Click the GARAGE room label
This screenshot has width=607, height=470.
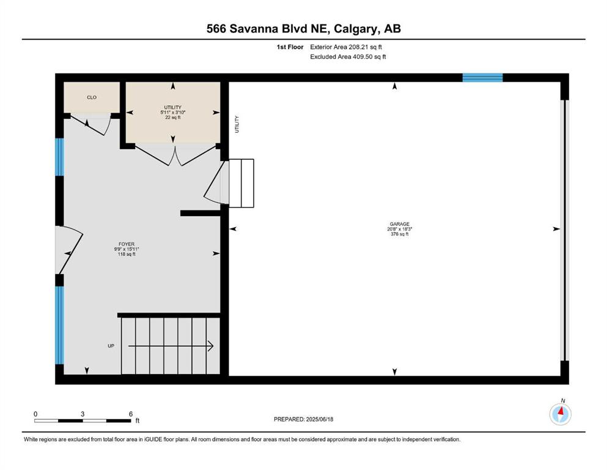[x=400, y=224]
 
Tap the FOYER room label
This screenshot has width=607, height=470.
[x=127, y=244]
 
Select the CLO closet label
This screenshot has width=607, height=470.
[x=92, y=97]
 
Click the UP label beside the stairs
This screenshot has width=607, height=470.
[x=111, y=346]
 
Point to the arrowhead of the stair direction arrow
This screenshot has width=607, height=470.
[x=211, y=346]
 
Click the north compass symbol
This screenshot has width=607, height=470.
[x=560, y=414]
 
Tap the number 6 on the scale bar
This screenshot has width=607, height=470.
[x=131, y=414]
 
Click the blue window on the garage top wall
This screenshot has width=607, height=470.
[x=483, y=78]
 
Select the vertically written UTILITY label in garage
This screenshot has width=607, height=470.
[x=237, y=124]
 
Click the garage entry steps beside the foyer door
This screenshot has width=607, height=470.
[x=241, y=183]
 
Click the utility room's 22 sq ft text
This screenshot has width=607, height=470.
[x=173, y=117]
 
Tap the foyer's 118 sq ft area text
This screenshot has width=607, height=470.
[x=127, y=254]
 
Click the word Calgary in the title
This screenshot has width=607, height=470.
[x=355, y=29]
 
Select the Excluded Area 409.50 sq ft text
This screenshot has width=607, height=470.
[x=348, y=56]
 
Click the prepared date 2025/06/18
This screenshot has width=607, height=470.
[x=319, y=419]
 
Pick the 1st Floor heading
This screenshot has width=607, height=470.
[x=290, y=47]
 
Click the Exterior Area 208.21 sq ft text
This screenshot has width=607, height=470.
[x=346, y=47]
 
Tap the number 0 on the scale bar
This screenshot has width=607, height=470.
[x=35, y=414]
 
